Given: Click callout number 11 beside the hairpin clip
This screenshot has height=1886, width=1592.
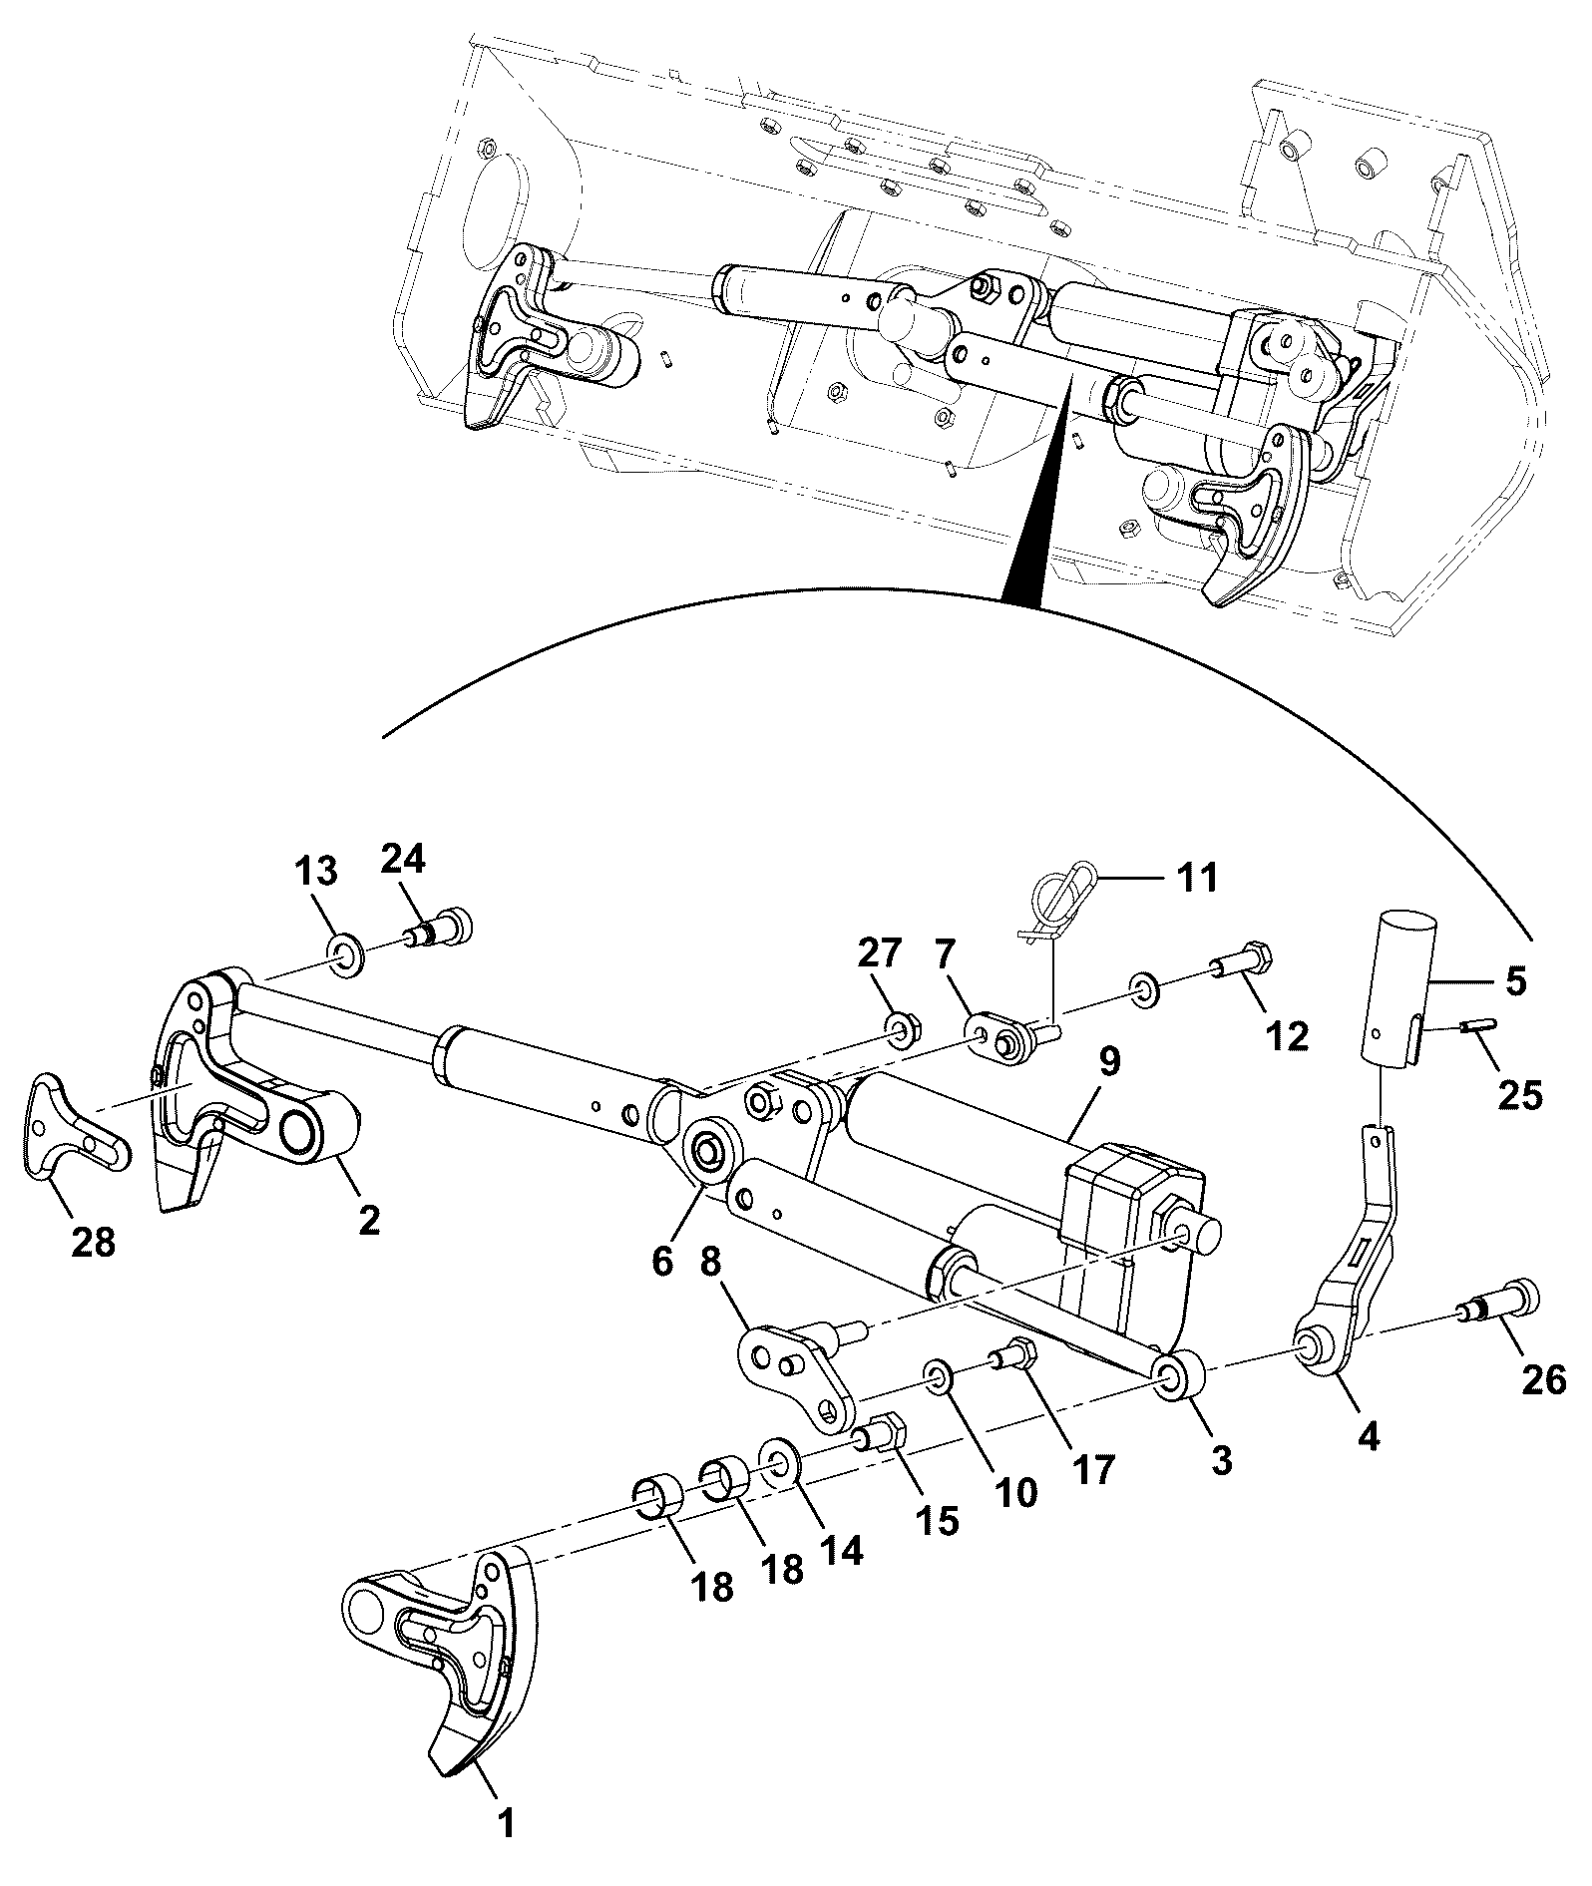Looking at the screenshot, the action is pos(1197,879).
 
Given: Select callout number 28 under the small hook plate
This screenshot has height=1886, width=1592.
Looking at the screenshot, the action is pos(93,1242).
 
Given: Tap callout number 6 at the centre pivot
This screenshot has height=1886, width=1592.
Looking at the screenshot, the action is pos(662,1259).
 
